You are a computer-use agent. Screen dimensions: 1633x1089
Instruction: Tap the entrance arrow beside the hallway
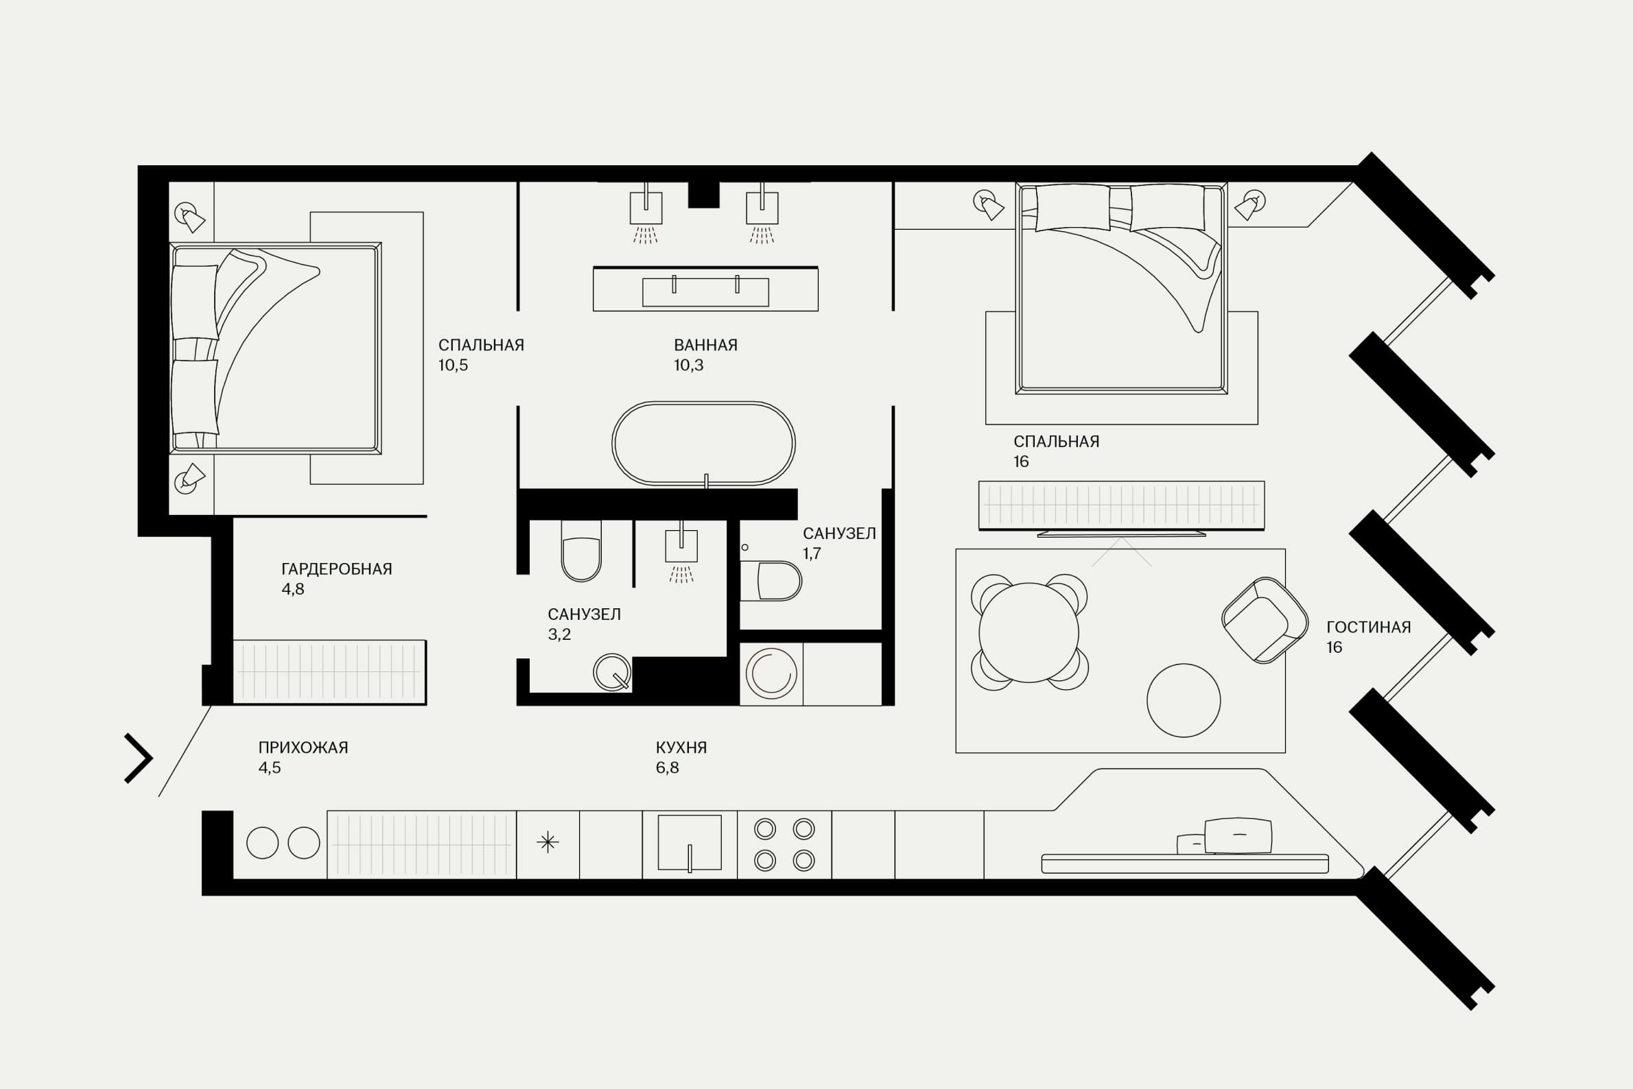(x=139, y=758)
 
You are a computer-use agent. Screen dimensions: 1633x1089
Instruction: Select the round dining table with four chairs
(x=1029, y=632)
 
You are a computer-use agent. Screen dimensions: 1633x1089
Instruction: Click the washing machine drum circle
(x=771, y=673)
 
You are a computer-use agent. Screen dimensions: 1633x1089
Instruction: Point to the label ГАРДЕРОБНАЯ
(x=337, y=569)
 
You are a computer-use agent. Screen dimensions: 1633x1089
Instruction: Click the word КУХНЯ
(x=681, y=747)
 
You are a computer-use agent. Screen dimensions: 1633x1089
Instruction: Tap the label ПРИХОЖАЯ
(x=303, y=747)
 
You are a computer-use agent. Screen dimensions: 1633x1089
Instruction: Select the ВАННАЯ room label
(x=705, y=344)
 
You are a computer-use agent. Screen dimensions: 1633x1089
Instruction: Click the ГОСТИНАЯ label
(x=1368, y=627)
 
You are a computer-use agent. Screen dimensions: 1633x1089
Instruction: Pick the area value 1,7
(x=812, y=553)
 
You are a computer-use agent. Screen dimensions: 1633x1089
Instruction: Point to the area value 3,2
(x=559, y=634)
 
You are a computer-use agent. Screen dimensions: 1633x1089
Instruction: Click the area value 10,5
(x=453, y=366)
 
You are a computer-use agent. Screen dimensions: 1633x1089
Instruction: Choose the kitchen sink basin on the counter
(x=690, y=842)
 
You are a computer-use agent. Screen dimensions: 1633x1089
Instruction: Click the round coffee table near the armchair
(x=1184, y=700)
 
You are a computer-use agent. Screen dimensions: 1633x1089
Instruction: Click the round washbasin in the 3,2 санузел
(x=611, y=671)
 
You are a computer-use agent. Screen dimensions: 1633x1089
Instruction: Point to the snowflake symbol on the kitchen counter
(x=548, y=842)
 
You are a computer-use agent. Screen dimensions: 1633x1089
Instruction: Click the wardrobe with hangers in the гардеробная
(x=329, y=672)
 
